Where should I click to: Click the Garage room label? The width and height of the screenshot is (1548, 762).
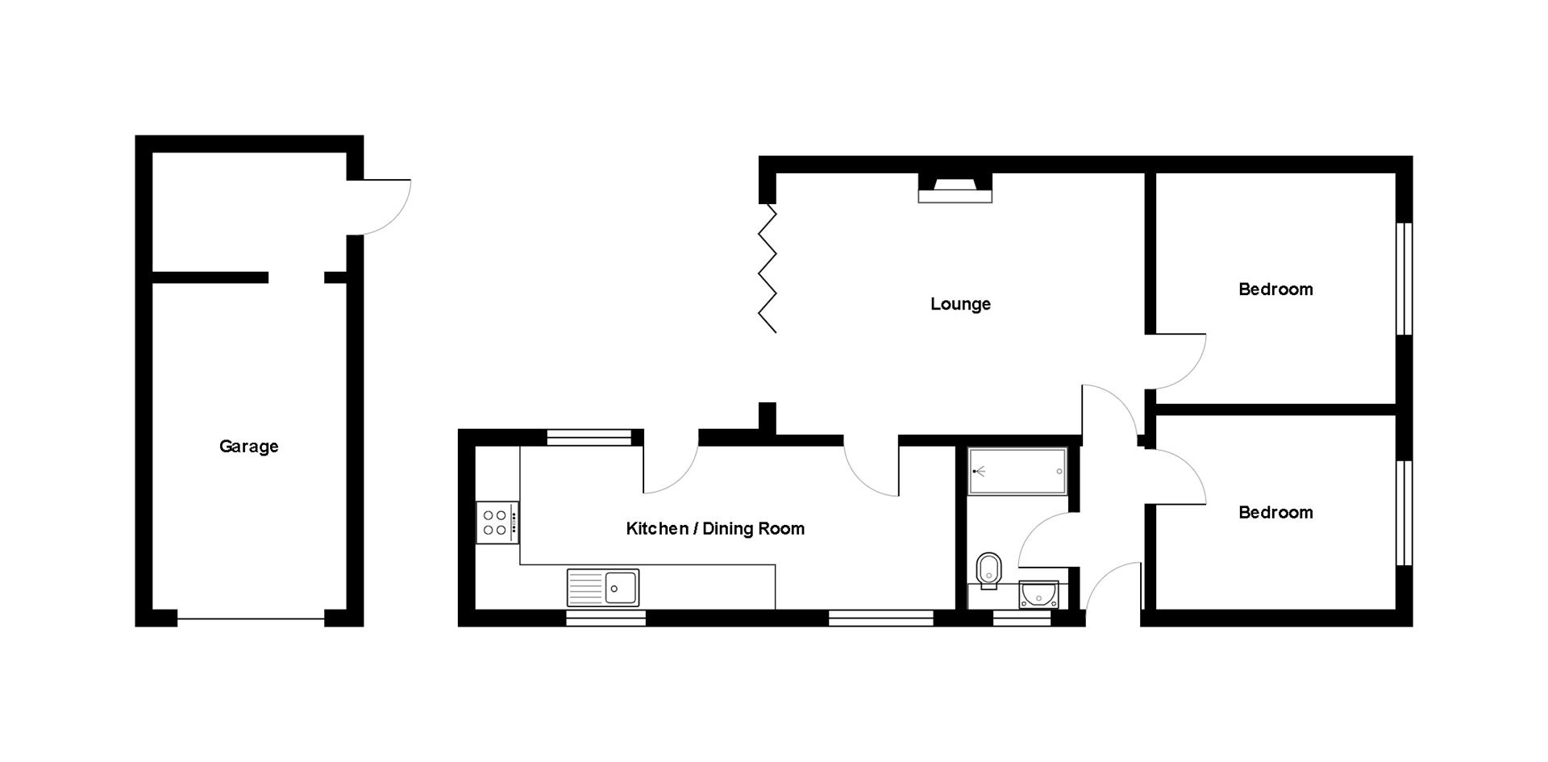click(248, 446)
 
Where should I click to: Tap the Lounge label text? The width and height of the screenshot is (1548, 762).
click(960, 304)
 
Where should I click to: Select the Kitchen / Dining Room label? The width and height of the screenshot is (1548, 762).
click(715, 528)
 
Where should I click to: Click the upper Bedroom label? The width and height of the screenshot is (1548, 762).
click(1275, 289)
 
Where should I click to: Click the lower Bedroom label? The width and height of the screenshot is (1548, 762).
click(1275, 512)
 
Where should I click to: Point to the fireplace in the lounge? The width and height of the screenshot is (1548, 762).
click(955, 189)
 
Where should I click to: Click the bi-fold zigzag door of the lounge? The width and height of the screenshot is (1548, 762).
click(768, 268)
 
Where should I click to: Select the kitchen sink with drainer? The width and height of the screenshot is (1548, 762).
click(603, 587)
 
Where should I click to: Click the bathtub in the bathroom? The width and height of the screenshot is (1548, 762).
click(1017, 471)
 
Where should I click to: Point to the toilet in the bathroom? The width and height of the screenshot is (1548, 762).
click(988, 570)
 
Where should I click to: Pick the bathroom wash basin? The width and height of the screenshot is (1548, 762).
click(1038, 594)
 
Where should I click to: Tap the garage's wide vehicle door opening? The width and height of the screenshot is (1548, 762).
click(251, 618)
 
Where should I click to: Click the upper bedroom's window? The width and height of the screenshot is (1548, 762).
click(1404, 278)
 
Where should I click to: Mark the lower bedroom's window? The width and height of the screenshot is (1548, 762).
click(1404, 513)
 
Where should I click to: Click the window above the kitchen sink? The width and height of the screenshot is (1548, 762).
click(605, 618)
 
